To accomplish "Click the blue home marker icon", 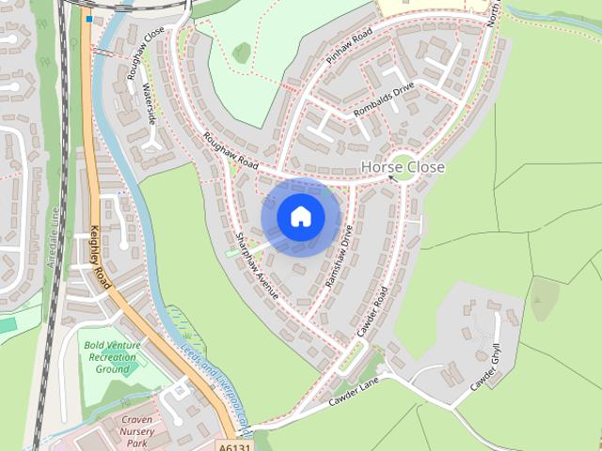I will [x=300, y=217].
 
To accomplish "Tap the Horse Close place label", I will [x=403, y=167].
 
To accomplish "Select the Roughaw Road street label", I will [x=230, y=151].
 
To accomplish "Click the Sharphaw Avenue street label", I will [x=257, y=266].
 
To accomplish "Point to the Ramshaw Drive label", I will [x=339, y=255].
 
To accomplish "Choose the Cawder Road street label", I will [x=372, y=311].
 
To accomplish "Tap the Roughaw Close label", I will [x=145, y=46].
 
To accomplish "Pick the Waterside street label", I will [x=149, y=104].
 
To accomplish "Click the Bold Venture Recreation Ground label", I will [x=112, y=357].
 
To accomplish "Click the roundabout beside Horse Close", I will [x=404, y=166].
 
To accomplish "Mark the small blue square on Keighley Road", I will [x=88, y=18].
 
